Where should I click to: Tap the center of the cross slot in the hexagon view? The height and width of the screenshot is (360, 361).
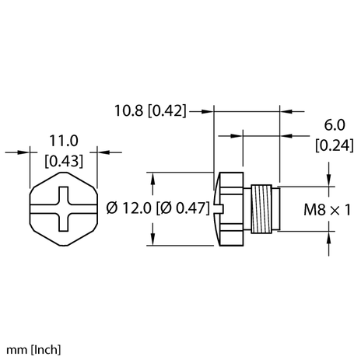click(x=65, y=209)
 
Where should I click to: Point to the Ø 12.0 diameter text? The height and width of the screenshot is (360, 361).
click(x=128, y=208)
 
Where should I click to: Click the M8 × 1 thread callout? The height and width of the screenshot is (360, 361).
click(x=327, y=208)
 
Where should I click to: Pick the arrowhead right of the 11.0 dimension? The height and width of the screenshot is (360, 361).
click(x=103, y=152)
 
